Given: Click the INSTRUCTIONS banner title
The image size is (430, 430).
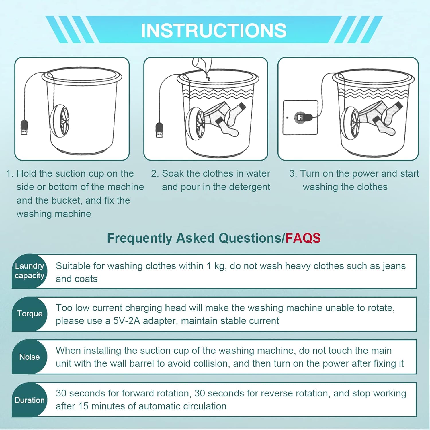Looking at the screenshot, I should (x=214, y=30).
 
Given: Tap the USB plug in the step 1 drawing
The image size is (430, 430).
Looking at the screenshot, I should (x=24, y=128).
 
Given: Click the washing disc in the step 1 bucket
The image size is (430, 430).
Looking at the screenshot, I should (x=60, y=121).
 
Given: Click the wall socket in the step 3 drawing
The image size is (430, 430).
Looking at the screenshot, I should (x=300, y=118).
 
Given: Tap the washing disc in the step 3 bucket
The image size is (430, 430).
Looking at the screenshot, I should (x=352, y=123).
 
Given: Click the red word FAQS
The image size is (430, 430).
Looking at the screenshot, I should (x=303, y=238).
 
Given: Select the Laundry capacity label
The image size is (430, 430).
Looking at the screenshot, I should (x=30, y=271).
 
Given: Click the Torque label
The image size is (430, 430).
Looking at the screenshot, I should (x=30, y=314).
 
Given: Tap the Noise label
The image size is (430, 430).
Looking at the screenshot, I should (x=30, y=357).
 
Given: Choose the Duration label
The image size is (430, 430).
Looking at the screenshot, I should (x=30, y=400).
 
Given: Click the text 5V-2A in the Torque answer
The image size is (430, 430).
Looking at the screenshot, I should (x=126, y=321).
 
